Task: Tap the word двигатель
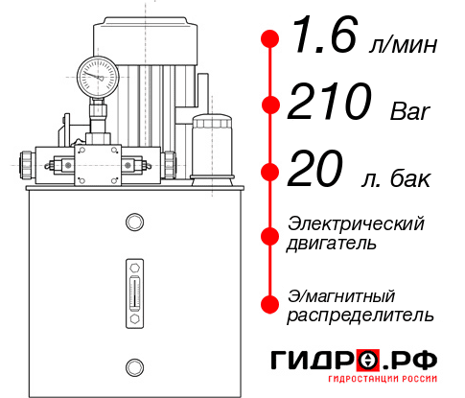tap(332, 244)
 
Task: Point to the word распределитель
tap(360, 315)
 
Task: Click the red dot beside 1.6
tap(270, 39)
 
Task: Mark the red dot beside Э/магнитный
tap(270, 304)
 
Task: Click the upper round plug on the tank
tap(133, 222)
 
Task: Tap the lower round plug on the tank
tap(133, 364)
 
